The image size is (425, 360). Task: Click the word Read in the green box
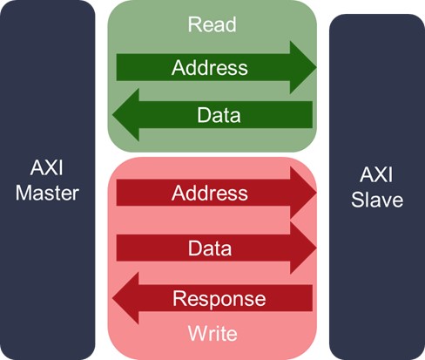click(x=212, y=24)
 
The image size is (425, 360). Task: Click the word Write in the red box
click(x=212, y=333)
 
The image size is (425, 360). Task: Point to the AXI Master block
click(x=48, y=180)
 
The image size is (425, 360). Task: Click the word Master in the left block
click(x=48, y=193)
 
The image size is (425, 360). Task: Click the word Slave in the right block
click(x=376, y=200)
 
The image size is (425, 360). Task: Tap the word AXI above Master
click(x=48, y=168)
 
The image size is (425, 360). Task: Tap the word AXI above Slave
click(x=376, y=175)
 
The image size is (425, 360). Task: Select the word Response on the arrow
click(x=219, y=299)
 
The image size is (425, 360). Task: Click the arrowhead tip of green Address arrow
click(x=314, y=67)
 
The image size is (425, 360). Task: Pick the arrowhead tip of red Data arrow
click(x=314, y=248)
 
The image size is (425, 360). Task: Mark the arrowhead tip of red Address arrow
click(x=314, y=193)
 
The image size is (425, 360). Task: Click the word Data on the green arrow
click(x=219, y=114)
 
